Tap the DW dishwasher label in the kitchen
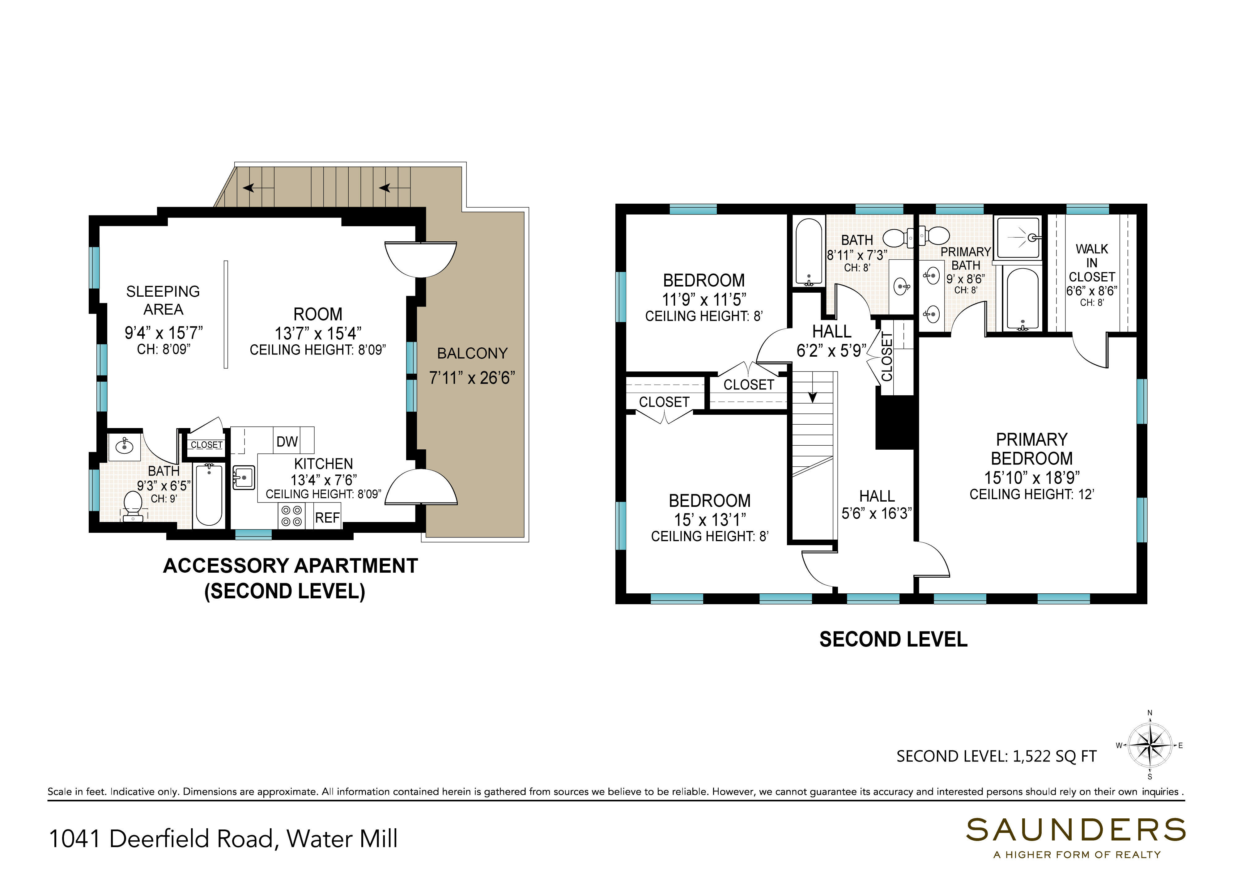pyautogui.click(x=287, y=442)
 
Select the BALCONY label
pyautogui.click(x=473, y=354)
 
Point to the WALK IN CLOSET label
pyautogui.click(x=1092, y=263)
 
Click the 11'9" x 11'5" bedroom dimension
pyautogui.click(x=704, y=299)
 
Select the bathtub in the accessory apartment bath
pyautogui.click(x=209, y=495)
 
